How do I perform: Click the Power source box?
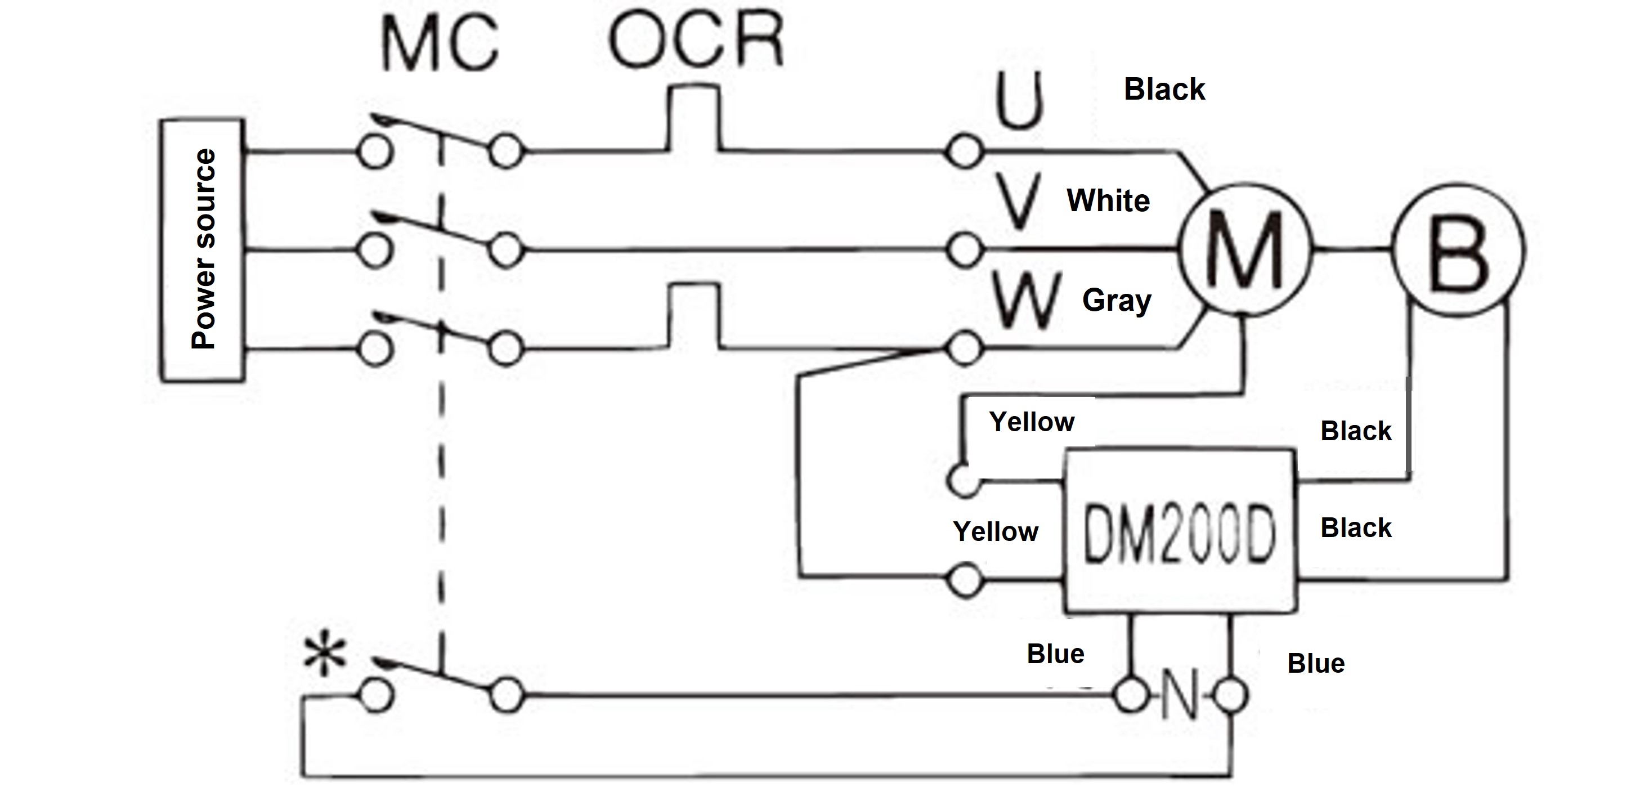coord(201,250)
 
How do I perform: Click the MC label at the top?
coord(440,45)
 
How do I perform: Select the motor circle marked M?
coord(1245,250)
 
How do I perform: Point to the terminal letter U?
coord(1019,101)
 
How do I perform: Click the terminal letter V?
coord(1018,202)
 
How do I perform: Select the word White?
coord(1108,201)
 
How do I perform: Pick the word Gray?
coord(1117,300)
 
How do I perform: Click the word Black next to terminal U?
coord(1164,90)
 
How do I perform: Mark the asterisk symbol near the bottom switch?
coord(325,656)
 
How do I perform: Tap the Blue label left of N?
coord(1055,654)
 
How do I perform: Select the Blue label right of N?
coord(1316,664)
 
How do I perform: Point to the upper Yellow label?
coord(1032,422)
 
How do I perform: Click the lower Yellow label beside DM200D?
coord(995,532)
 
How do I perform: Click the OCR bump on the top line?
coord(694,117)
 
